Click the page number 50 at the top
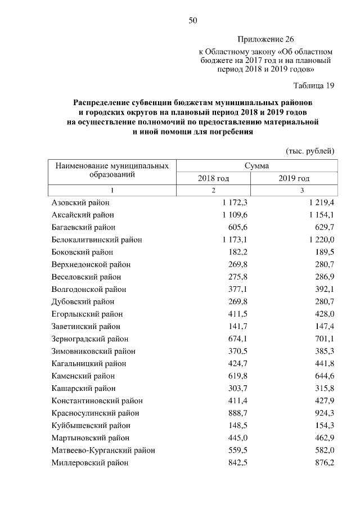coord(192,21)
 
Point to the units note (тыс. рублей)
coord(310,151)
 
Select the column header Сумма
coord(256,166)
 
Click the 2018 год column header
coord(213,178)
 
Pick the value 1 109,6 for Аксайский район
coord(235,215)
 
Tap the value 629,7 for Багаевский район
coord(323,227)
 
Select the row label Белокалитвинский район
coord(97,240)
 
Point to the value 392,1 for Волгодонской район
coord(323,289)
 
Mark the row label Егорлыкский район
coord(87,314)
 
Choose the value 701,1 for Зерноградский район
coord(323,339)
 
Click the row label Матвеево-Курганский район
coord(103,450)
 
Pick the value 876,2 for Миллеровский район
coord(323,462)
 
